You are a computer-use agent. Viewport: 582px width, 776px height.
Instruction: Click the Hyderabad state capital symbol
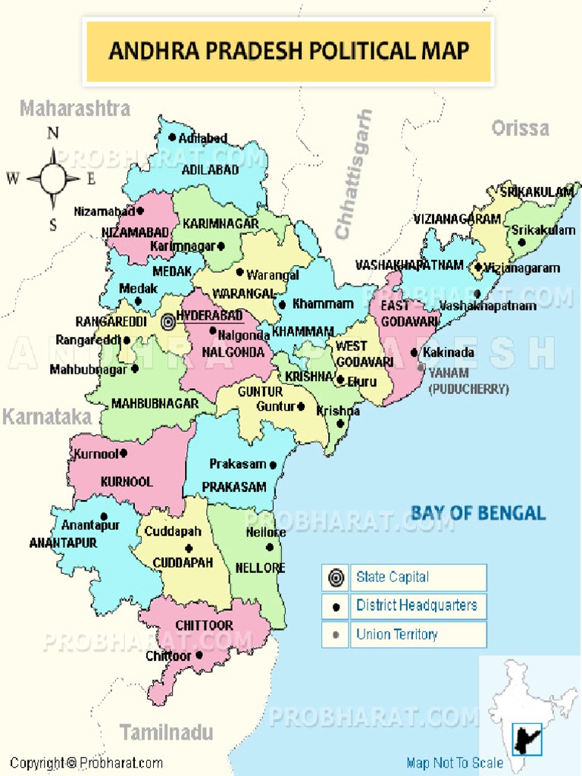(168, 322)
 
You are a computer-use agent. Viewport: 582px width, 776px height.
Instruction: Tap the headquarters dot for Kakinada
(414, 352)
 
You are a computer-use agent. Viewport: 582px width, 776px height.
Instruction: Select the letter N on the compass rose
(53, 134)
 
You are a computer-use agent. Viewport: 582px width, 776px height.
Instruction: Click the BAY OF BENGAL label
(477, 513)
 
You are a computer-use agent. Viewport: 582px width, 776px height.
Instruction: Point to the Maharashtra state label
(75, 108)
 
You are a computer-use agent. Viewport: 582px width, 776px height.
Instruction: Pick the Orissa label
(520, 128)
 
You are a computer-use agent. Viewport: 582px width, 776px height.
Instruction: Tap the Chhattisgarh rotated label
(354, 174)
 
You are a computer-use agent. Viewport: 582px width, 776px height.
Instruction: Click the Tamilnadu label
(166, 732)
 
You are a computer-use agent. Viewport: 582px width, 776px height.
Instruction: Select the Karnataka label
(46, 417)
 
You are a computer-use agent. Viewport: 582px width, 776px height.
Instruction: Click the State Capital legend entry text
(393, 577)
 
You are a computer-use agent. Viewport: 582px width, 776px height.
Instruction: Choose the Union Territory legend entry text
(396, 635)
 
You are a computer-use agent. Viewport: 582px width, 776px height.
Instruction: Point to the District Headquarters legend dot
(335, 607)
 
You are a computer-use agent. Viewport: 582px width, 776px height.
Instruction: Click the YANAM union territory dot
(421, 368)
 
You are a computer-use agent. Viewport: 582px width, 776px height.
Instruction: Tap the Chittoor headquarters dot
(199, 656)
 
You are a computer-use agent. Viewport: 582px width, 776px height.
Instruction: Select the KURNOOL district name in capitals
(127, 482)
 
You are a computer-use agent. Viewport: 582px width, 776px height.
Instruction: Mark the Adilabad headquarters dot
(172, 138)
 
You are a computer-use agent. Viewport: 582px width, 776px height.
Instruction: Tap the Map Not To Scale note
(455, 763)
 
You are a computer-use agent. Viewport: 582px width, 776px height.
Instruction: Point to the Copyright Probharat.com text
(86, 763)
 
